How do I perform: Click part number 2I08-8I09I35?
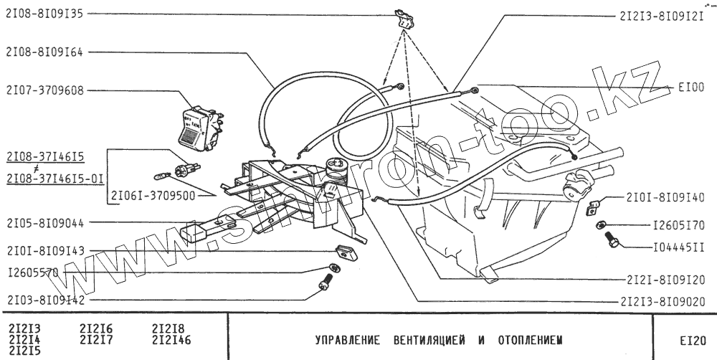[x=44, y=13]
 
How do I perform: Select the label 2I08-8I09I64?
[x=44, y=52]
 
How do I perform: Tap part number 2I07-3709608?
[x=44, y=91]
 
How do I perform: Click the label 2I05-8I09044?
[x=44, y=224]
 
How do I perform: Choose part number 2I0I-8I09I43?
[x=44, y=250]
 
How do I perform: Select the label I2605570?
[x=32, y=273]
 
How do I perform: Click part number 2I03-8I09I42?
[x=44, y=300]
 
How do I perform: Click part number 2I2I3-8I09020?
[x=662, y=302]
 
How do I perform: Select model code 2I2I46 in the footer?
[x=172, y=339]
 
